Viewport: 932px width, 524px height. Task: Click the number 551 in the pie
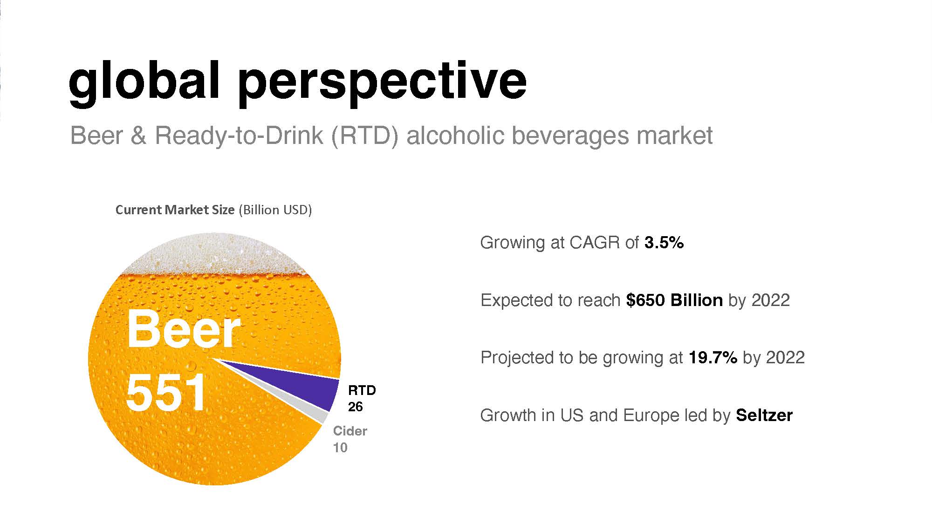(x=166, y=392)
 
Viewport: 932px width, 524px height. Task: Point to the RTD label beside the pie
(x=362, y=390)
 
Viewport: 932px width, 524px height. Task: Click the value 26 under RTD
(x=355, y=407)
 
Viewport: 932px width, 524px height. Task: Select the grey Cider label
(x=350, y=431)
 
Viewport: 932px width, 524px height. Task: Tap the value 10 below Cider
(x=340, y=448)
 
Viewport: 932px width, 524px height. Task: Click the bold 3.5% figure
(x=664, y=243)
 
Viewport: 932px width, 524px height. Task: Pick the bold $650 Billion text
(x=674, y=300)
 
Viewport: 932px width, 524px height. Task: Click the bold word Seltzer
(x=764, y=415)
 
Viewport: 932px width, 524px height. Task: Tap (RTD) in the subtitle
(x=364, y=136)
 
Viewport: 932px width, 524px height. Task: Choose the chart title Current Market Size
(x=175, y=210)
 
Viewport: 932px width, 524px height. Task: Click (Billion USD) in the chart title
(x=275, y=210)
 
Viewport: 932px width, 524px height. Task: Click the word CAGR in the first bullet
(x=592, y=243)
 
